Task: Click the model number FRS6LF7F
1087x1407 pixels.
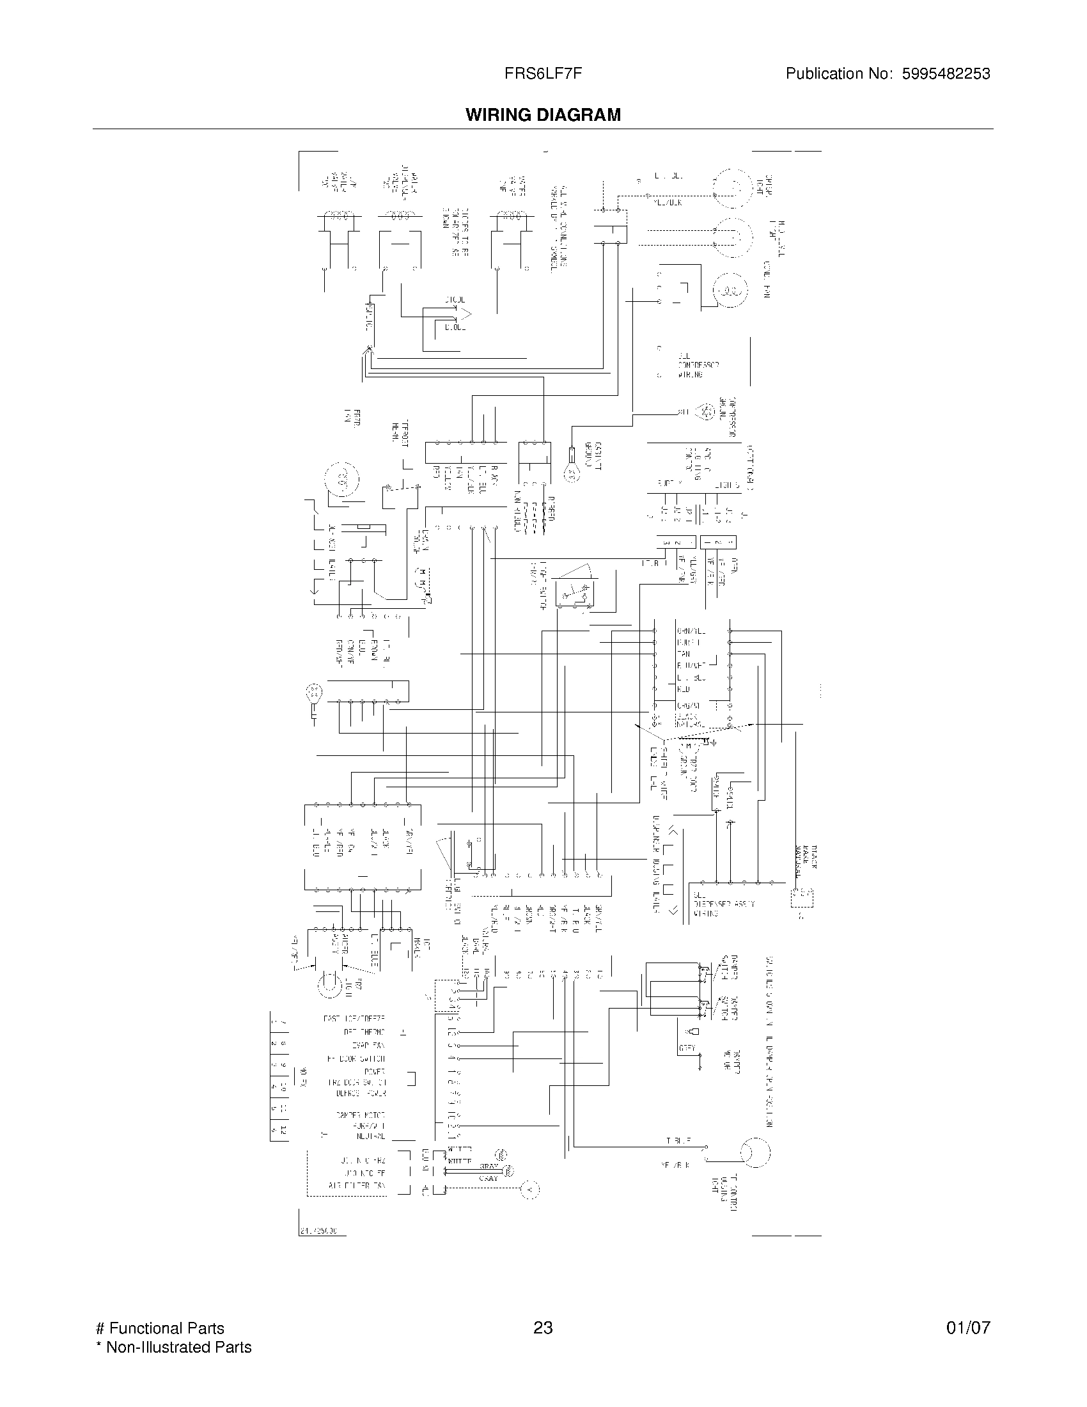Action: (x=543, y=74)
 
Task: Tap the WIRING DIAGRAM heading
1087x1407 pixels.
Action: (x=543, y=114)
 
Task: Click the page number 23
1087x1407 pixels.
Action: (x=543, y=1328)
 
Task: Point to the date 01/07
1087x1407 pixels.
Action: (x=968, y=1328)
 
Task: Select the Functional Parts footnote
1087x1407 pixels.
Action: (x=160, y=1328)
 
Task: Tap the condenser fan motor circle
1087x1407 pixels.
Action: (x=730, y=291)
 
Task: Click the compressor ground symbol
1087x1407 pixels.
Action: (x=707, y=412)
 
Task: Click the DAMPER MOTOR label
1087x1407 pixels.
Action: (x=360, y=1115)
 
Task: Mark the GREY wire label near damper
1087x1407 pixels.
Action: (x=687, y=1049)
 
